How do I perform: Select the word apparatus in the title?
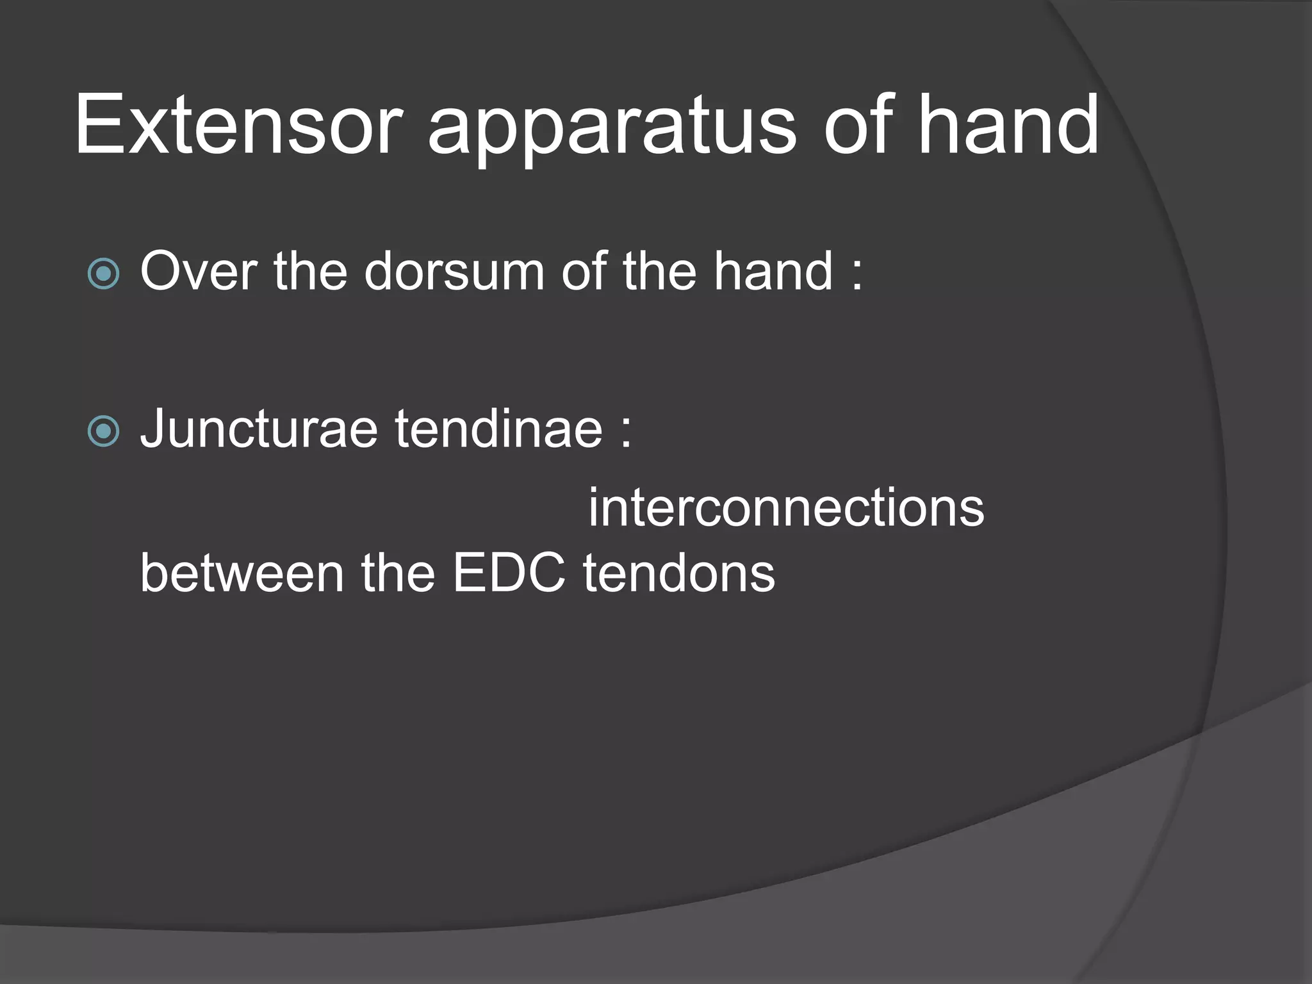611,128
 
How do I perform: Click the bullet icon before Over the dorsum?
103,274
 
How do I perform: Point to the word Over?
199,272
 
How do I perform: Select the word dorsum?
454,272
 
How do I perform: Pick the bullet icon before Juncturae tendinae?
103,431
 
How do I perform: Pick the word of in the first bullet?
584,272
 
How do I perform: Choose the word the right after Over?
311,272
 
